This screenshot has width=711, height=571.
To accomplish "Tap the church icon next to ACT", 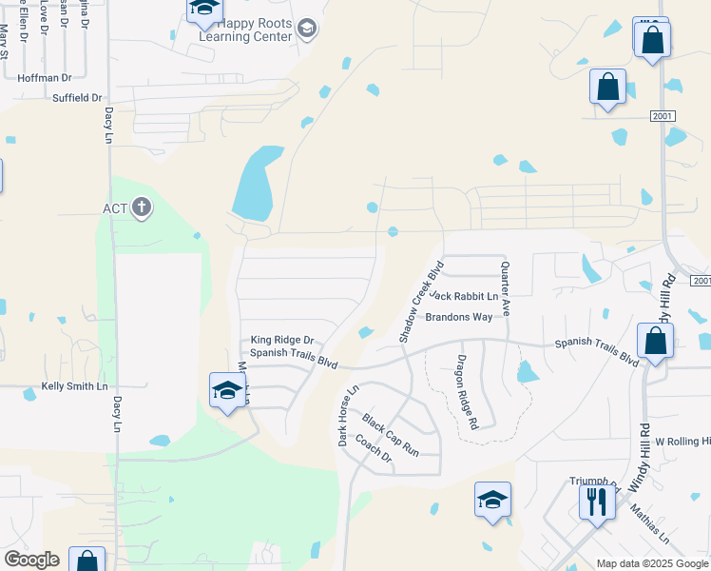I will pos(142,207).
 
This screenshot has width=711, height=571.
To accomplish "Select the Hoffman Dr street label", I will pos(46,77).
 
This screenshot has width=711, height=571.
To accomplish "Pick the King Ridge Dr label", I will pos(281,340).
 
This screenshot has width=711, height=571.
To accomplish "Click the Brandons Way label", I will pos(458,317).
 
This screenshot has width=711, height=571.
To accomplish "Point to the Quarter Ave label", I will pos(505,288).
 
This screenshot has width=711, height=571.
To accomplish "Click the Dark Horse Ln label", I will pos(347,416).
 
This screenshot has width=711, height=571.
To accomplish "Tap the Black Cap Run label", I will pos(390,433).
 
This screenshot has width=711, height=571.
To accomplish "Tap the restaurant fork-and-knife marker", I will pos(597,501).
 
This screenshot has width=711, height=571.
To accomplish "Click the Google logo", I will pos(31,560).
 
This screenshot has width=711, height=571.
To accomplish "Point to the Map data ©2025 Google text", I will pos(651,563).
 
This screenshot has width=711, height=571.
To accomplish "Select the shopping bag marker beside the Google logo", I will pos(87,561).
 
